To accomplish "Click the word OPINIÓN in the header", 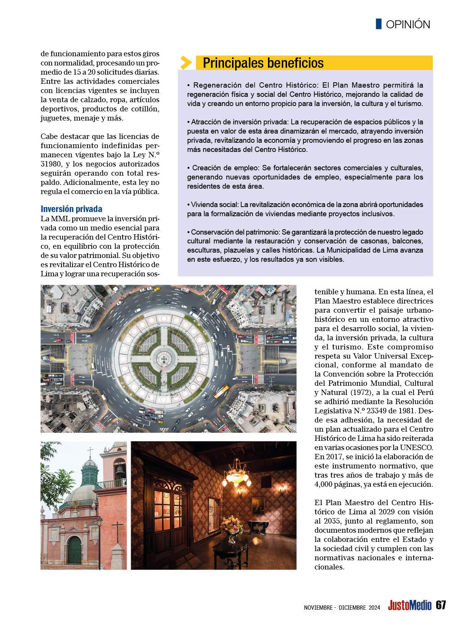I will tap(408, 24).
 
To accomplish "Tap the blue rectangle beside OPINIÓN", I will tap(378, 24).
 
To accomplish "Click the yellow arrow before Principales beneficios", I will tap(186, 62).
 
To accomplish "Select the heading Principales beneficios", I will tap(263, 63).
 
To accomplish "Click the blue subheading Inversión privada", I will tap(71, 209).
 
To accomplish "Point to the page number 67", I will tap(441, 605).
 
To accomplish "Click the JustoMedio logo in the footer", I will tap(409, 605).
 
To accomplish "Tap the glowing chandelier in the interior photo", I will tap(236, 476).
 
